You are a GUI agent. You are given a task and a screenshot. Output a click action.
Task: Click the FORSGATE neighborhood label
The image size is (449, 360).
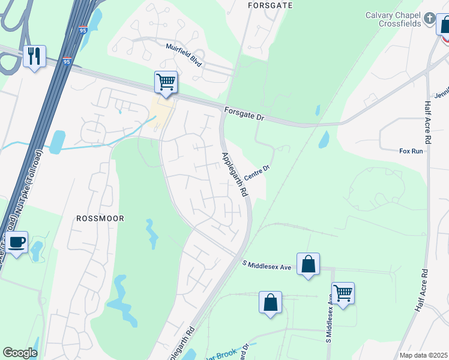(270, 5)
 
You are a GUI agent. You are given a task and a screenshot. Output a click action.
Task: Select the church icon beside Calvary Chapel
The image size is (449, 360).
(429, 19)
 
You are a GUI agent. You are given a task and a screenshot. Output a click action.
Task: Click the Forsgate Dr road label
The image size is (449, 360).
(244, 113)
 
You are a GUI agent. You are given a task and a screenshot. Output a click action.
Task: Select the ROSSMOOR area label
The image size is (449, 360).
(100, 218)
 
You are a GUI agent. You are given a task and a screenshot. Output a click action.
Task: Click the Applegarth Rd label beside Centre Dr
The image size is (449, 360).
(235, 175)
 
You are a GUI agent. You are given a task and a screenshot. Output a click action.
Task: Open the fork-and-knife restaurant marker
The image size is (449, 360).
(34, 56)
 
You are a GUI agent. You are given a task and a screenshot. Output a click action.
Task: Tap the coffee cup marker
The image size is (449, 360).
(17, 242)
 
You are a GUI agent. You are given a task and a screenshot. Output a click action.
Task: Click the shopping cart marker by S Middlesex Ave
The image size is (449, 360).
(343, 293)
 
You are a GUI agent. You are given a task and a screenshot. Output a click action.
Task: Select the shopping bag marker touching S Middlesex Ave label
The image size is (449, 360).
(308, 264)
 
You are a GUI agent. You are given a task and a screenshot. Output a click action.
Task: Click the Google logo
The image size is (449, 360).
(20, 353)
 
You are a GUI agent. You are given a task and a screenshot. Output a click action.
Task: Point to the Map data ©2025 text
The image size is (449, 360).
(423, 355)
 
